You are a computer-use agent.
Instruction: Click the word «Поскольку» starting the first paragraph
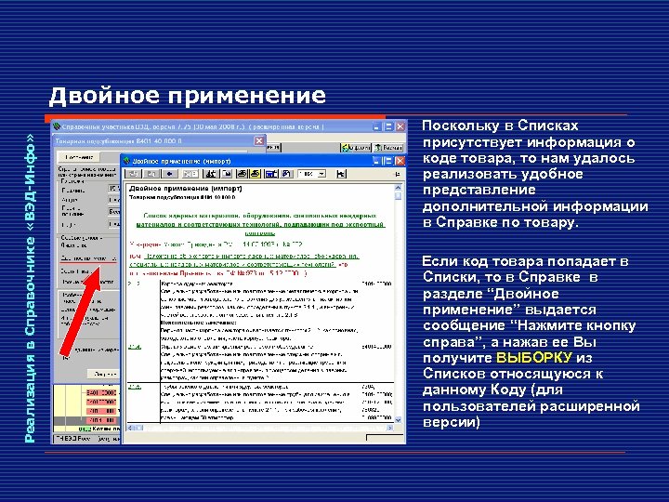pyautogui.click(x=461, y=125)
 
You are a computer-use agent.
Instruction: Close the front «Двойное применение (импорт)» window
pyautogui.click(x=400, y=161)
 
